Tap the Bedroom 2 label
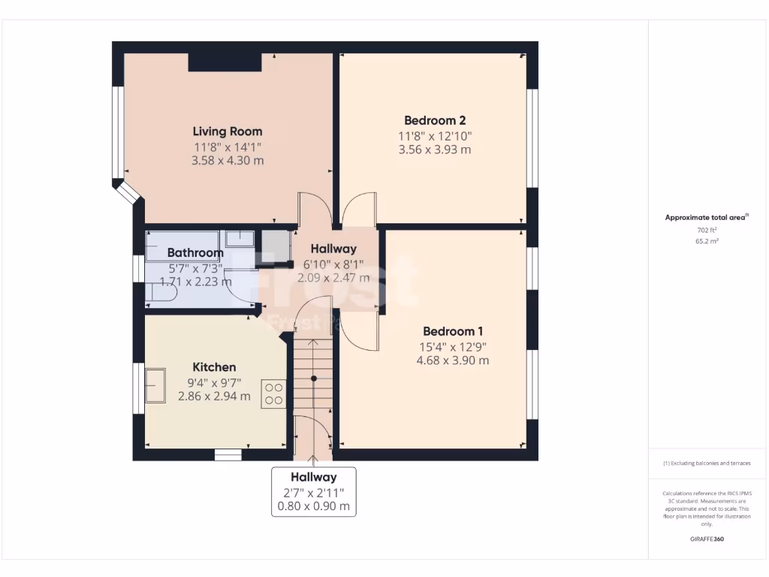pos(435,120)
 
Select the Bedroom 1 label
pos(452,331)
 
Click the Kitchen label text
pos(214,367)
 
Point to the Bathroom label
pos(195,253)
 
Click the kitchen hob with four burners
pos(273,394)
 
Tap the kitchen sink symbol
pos(155,385)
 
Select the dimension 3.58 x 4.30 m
pos(228,161)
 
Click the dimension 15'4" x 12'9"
pos(452,346)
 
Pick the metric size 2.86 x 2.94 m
pos(214,396)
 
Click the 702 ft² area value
pos(707,230)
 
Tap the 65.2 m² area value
pos(707,241)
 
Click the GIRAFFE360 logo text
pos(707,539)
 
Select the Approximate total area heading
pos(705,218)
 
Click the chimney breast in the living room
pos(225,62)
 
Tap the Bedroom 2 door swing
pos(360,210)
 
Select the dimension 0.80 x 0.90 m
pos(313,506)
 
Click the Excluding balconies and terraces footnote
pos(707,464)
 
